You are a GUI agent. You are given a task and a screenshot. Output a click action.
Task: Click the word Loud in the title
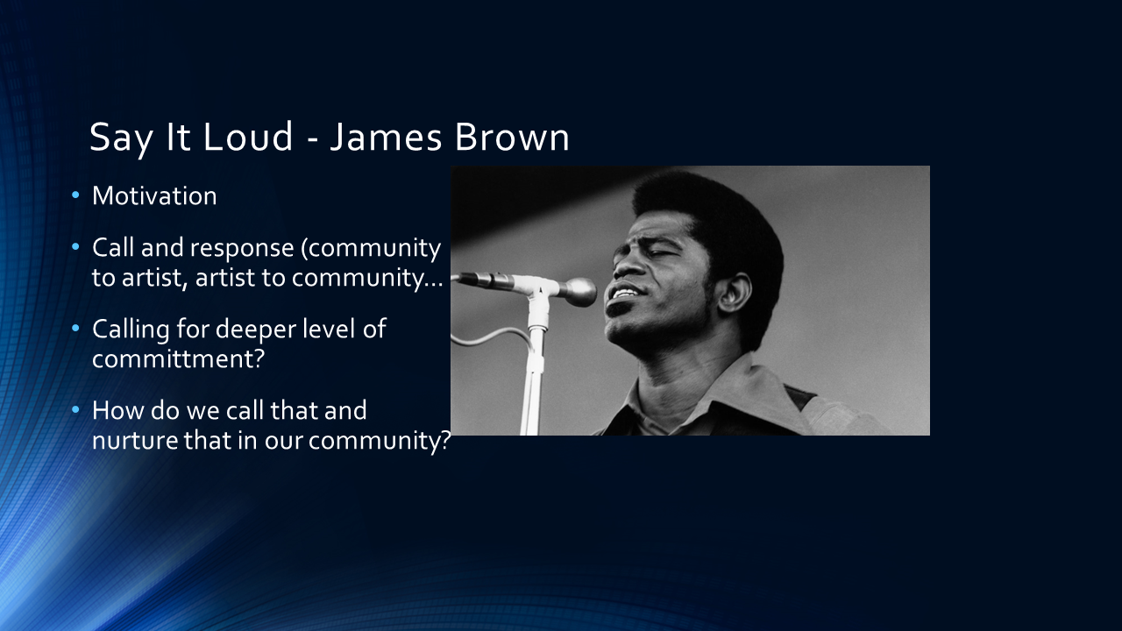248,136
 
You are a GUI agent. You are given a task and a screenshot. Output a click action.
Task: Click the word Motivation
154,195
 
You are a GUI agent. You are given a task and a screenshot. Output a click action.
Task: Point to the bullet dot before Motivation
75,195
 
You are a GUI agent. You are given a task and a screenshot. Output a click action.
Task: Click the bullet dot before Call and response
75,246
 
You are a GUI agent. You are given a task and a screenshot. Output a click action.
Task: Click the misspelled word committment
178,359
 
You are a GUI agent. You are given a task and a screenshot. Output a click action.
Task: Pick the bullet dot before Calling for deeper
75,328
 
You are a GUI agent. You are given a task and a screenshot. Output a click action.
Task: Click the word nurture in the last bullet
135,441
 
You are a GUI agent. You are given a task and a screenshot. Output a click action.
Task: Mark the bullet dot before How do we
75,409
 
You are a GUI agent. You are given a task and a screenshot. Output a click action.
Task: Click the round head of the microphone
579,292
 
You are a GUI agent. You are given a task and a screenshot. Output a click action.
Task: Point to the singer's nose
626,268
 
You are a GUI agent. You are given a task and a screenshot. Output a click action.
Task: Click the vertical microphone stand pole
534,371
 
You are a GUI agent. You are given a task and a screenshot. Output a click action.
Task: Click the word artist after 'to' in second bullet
154,278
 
